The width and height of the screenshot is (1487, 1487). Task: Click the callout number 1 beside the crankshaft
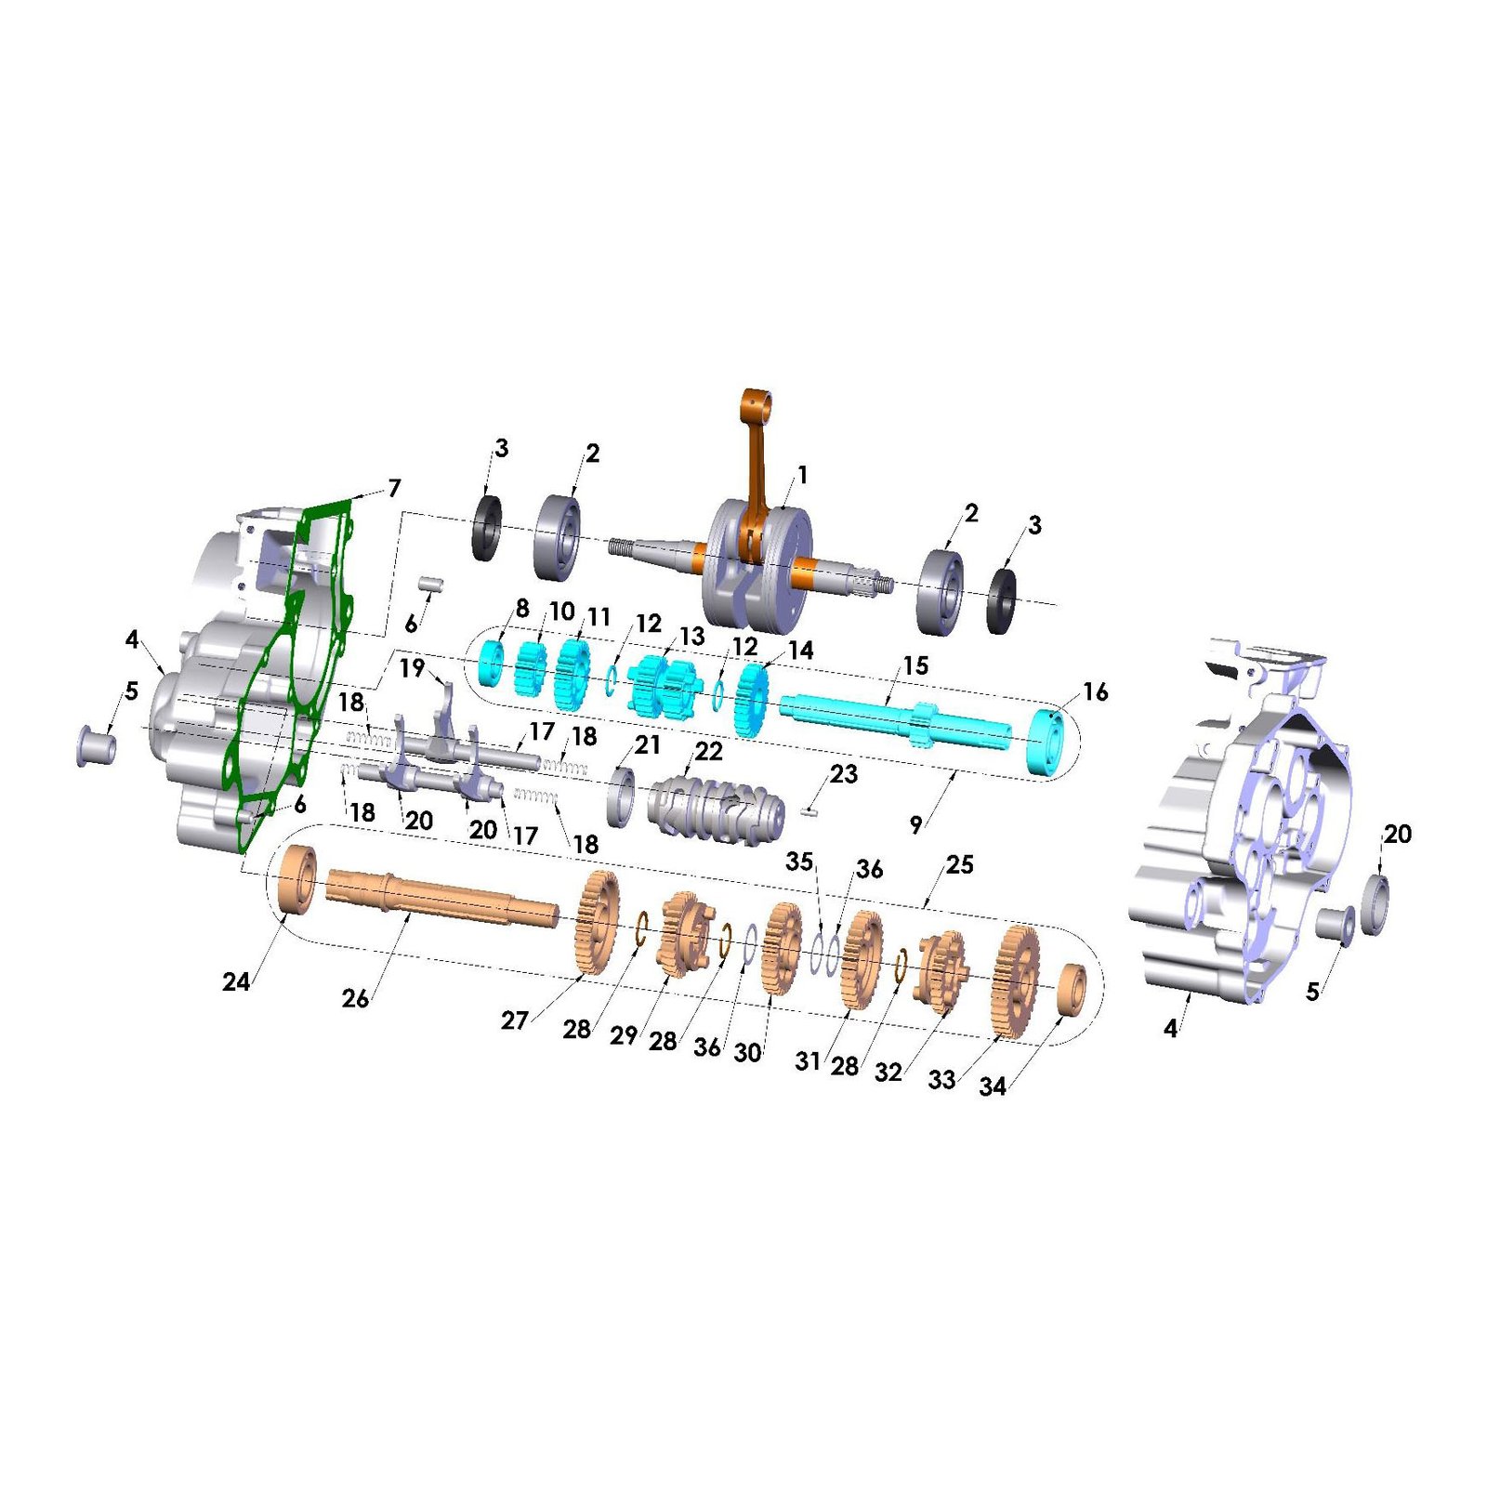click(x=802, y=475)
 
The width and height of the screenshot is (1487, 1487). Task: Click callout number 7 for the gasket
click(x=394, y=488)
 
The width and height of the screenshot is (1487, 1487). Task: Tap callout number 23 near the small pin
click(x=843, y=774)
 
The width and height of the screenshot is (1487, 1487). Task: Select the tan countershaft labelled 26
click(x=442, y=898)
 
